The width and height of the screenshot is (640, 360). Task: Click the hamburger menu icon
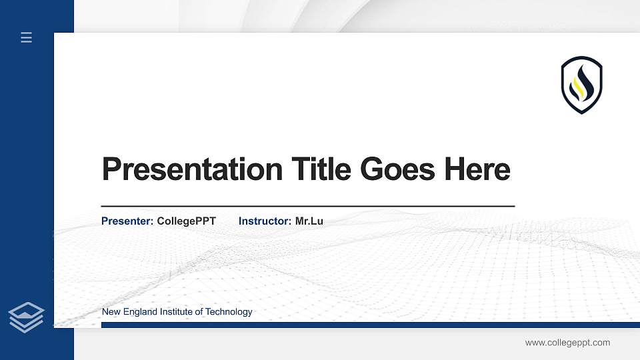[x=27, y=38]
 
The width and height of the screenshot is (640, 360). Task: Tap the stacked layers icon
[x=27, y=317]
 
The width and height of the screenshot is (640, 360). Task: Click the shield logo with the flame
[x=581, y=85]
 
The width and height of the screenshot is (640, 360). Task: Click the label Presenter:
[x=127, y=221]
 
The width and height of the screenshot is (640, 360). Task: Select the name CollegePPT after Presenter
[x=187, y=221]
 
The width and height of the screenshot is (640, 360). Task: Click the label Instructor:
[x=265, y=221]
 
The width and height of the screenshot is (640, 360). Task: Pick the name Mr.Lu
[x=309, y=221]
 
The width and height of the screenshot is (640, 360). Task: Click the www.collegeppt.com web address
[x=567, y=343]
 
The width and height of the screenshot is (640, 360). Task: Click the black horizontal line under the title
[x=307, y=206]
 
